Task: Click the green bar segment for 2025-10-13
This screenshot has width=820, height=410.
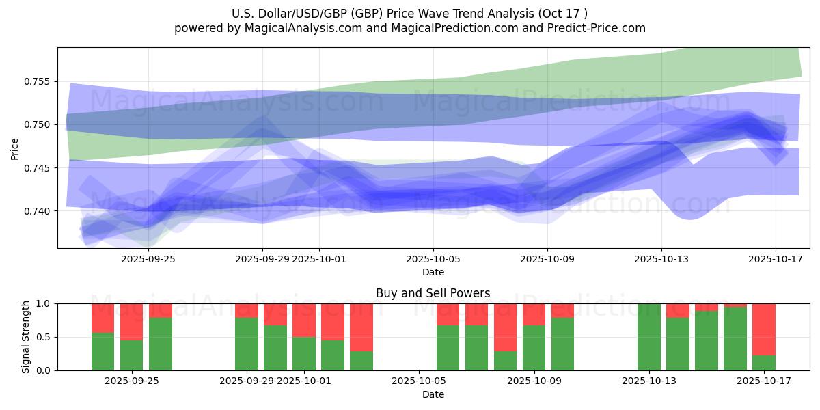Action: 649,337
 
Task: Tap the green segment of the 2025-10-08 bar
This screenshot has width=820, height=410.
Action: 506,361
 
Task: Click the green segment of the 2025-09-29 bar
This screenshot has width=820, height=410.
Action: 247,344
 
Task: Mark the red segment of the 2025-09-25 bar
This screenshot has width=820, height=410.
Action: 161,311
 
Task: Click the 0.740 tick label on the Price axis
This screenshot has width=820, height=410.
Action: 38,210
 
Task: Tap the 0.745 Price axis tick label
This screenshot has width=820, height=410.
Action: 38,167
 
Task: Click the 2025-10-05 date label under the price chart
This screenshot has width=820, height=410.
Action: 433,260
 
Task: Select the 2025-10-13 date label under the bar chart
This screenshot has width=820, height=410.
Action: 661,381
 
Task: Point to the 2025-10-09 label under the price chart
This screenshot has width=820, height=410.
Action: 547,260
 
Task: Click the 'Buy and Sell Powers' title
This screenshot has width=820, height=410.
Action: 433,293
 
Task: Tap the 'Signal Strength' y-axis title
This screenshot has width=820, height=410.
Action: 26,337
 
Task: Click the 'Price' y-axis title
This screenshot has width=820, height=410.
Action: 15,148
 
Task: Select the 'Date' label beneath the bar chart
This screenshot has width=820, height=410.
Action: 433,394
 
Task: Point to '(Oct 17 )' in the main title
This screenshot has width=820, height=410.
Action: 563,13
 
